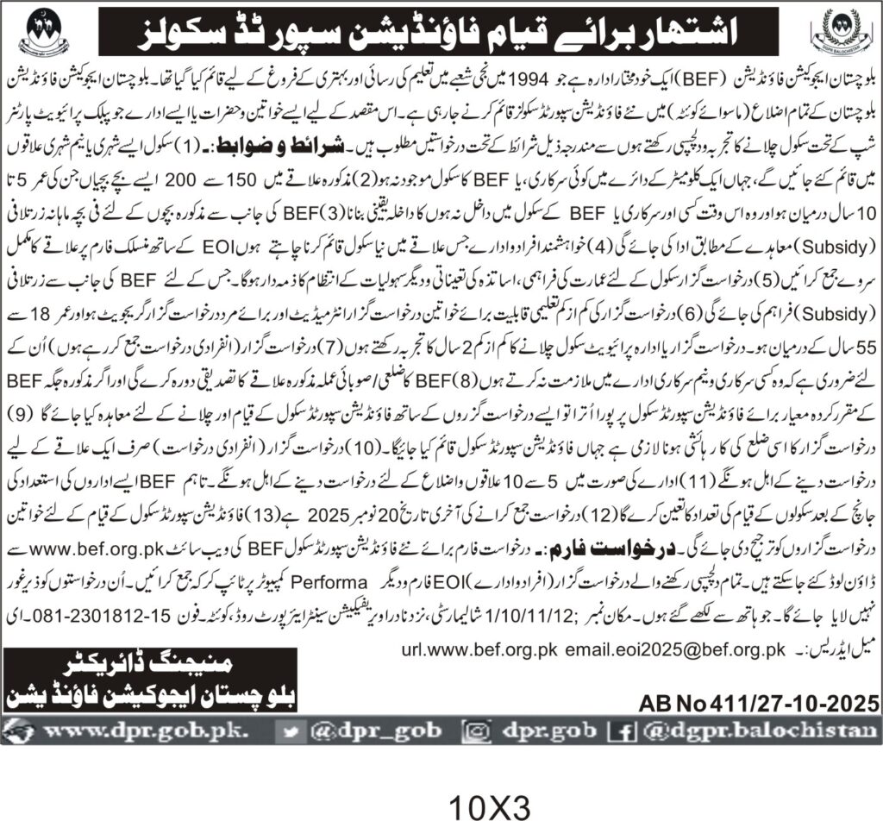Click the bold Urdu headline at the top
(x=441, y=32)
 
